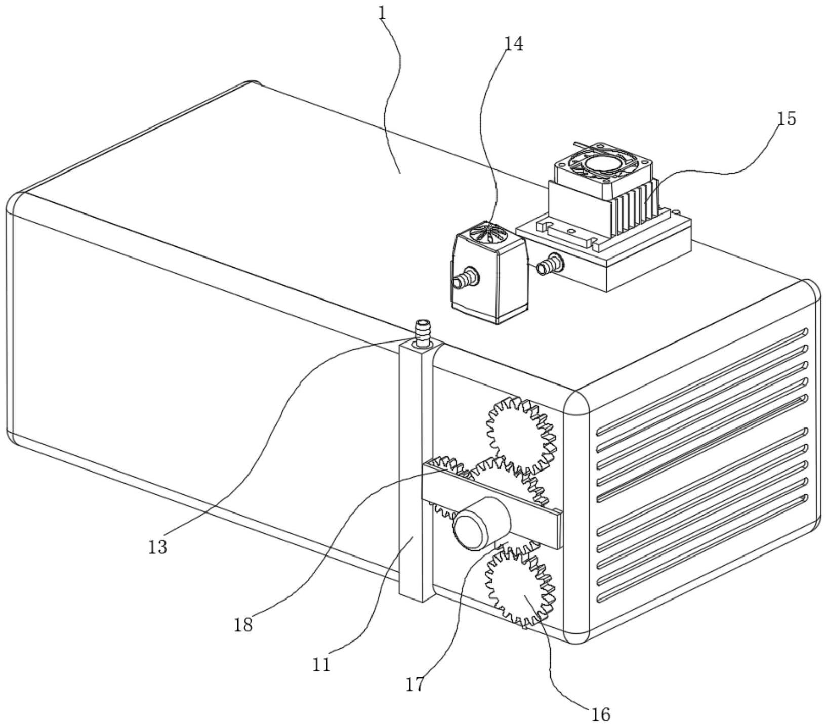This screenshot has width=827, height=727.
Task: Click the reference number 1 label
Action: point(382,13)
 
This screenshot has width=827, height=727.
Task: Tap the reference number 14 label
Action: point(513,44)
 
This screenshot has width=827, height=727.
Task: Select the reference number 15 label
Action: point(787,119)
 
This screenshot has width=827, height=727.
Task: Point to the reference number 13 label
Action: point(157,547)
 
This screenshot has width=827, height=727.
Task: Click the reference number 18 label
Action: point(243,625)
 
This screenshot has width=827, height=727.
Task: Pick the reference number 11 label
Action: point(321,664)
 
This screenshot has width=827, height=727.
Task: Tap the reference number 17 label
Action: point(415,685)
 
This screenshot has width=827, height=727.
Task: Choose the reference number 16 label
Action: point(601,714)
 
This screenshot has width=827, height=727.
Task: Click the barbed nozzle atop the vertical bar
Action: point(422,332)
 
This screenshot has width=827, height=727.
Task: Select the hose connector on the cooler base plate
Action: point(551,263)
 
